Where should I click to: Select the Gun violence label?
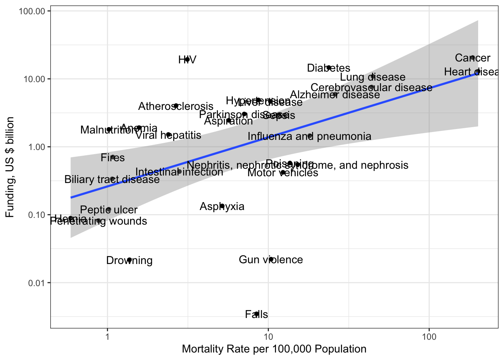click(x=271, y=259)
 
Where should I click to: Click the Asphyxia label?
click(x=222, y=206)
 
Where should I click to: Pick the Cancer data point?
click(x=472, y=58)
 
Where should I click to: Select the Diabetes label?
click(x=328, y=68)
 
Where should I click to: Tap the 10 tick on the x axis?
click(x=268, y=336)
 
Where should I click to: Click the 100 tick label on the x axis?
click(x=429, y=336)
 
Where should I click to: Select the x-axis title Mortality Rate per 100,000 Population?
click(x=274, y=349)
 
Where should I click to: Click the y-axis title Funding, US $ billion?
click(x=10, y=167)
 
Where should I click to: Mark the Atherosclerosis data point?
click(x=176, y=106)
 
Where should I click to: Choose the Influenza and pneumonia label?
click(x=309, y=136)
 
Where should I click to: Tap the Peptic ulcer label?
click(x=109, y=210)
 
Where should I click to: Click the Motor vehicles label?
click(x=283, y=172)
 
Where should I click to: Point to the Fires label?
click(x=112, y=157)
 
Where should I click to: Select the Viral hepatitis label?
click(x=168, y=135)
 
